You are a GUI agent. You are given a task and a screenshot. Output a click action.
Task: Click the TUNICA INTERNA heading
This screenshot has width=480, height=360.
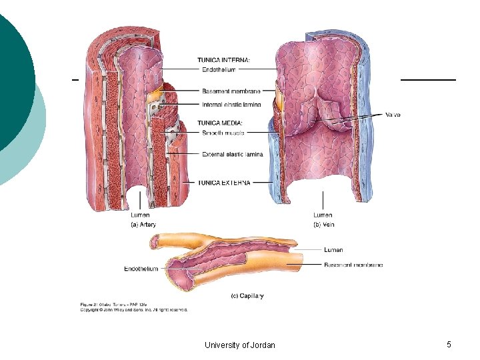[224, 60]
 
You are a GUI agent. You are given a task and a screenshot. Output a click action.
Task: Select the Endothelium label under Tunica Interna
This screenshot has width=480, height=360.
[219, 69]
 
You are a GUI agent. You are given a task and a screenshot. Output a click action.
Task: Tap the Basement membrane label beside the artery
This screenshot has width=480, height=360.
[231, 91]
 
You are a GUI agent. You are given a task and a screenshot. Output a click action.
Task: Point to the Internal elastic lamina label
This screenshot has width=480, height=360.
[231, 105]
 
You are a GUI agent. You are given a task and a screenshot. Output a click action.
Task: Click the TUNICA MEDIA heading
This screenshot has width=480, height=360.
[220, 123]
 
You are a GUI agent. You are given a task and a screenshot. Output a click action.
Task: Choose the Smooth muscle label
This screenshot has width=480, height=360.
[223, 133]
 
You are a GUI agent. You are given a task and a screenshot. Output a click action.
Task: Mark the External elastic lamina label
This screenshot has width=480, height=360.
[232, 154]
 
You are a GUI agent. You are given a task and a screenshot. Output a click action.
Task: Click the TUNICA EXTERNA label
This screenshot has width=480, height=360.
[224, 182]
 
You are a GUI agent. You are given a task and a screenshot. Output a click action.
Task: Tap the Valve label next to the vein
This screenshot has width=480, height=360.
[393, 115]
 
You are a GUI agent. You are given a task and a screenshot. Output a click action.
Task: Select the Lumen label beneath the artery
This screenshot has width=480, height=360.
[140, 215]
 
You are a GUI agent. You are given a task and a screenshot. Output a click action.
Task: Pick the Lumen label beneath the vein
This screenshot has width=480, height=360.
[323, 215]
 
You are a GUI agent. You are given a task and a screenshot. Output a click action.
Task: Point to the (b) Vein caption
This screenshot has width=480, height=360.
[323, 225]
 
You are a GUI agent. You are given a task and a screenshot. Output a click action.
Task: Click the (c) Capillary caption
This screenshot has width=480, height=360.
[247, 295]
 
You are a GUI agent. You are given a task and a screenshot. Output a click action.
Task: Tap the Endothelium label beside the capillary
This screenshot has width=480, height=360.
[141, 269]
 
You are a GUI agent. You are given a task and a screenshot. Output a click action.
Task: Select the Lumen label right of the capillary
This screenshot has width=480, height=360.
[333, 250]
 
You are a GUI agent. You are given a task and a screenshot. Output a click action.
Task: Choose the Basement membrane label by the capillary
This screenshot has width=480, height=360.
[353, 265]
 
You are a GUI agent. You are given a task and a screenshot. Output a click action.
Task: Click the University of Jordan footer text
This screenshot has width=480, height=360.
[240, 345]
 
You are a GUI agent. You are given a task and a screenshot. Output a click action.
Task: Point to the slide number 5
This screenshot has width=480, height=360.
[449, 344]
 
